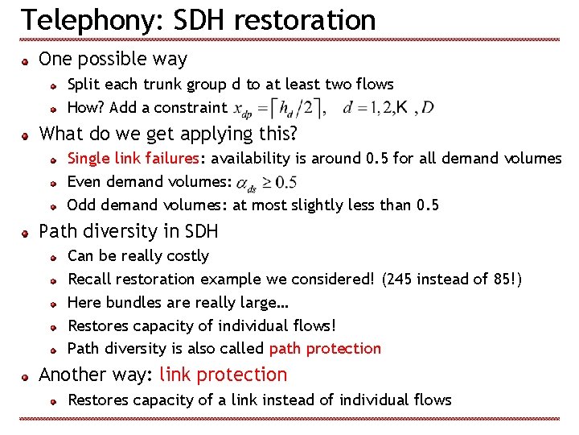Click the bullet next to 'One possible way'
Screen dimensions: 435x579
(x=27, y=60)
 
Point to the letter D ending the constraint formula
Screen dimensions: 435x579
(x=428, y=107)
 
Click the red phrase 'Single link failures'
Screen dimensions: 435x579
(x=133, y=158)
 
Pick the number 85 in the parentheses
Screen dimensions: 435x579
(x=502, y=279)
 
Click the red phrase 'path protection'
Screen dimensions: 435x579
(x=325, y=348)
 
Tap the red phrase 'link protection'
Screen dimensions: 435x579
(x=223, y=375)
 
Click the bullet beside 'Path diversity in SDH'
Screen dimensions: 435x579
(x=27, y=233)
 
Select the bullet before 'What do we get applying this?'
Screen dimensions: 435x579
(x=27, y=134)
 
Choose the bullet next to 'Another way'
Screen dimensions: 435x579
(x=27, y=376)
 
